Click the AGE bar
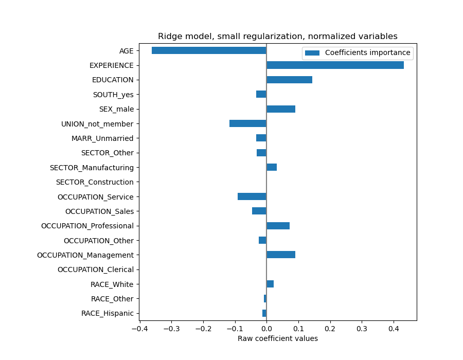point(209,50)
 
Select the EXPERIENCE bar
point(335,65)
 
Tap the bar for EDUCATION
point(289,80)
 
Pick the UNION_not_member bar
point(248,123)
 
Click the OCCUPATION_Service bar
point(252,196)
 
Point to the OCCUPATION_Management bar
point(281,255)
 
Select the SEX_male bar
point(281,109)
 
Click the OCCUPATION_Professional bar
point(278,226)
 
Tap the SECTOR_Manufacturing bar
point(272,167)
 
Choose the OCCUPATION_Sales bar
point(259,211)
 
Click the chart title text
point(277,37)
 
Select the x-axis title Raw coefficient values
point(277,338)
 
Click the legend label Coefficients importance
point(367,52)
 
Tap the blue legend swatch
point(312,52)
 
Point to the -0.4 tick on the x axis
point(139,328)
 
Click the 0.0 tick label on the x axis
point(266,328)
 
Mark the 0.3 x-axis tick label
point(362,328)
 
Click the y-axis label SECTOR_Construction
point(95,182)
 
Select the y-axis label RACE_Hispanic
point(107,313)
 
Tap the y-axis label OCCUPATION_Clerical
point(95,269)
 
